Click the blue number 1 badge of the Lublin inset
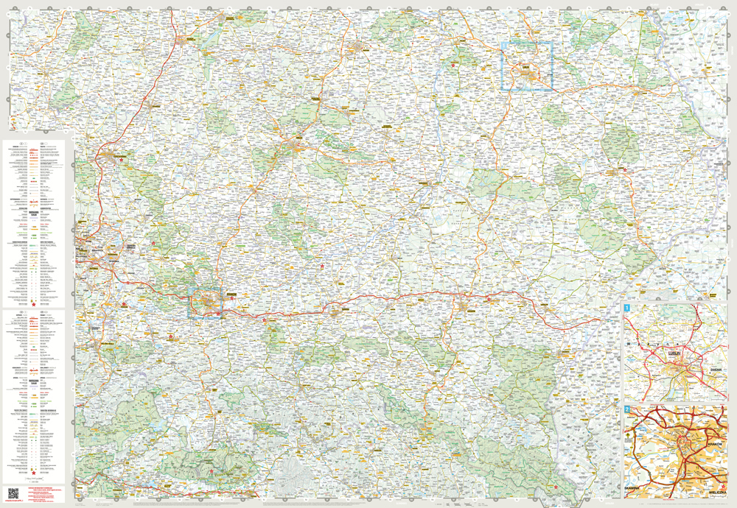tap(627, 308)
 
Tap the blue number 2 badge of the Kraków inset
tap(627, 409)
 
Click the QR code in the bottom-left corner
tap(13, 493)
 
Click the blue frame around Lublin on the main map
tap(527, 66)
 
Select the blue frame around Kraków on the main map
tap(206, 303)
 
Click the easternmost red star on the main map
tap(625, 170)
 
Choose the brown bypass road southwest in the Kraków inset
tap(649, 471)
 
